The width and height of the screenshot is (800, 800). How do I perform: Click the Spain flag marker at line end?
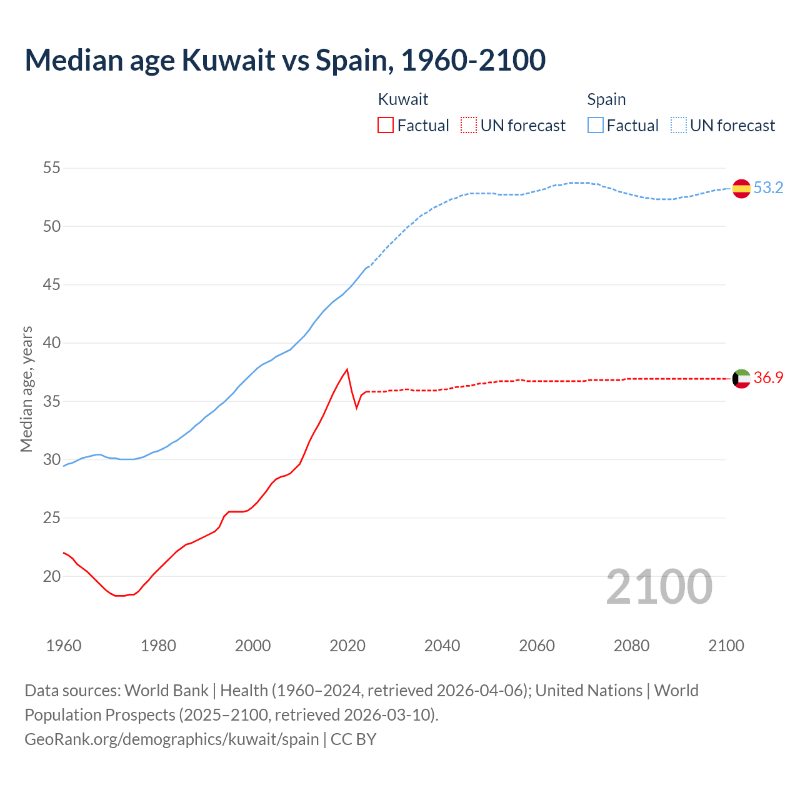(741, 188)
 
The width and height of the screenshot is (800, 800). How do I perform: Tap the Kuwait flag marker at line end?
(741, 378)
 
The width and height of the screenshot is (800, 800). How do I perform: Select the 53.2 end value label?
(768, 187)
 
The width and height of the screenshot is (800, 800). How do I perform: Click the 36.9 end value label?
(768, 377)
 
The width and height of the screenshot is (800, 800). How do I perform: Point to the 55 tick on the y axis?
(52, 167)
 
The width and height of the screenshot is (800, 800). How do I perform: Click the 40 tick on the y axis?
(52, 342)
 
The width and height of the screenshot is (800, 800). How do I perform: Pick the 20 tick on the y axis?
(52, 576)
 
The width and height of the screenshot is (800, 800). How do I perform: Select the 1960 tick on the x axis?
(64, 646)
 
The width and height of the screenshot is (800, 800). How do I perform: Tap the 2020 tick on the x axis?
(347, 646)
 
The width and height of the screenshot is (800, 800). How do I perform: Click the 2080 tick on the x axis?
(631, 646)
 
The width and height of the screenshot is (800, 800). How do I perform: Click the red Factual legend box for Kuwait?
(386, 125)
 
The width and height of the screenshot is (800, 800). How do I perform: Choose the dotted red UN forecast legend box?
(469, 125)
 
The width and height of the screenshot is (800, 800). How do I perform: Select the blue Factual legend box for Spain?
(596, 125)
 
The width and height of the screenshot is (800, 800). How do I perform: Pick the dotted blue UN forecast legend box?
(679, 125)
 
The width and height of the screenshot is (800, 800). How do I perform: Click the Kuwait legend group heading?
(403, 99)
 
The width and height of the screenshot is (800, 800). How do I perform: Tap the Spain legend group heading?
(606, 99)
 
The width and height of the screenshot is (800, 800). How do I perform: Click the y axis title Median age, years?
(26, 389)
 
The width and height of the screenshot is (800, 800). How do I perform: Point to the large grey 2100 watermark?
(659, 586)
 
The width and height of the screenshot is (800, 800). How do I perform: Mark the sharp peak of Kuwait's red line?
(347, 369)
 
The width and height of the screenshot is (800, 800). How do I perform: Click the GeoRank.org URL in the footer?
(172, 739)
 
